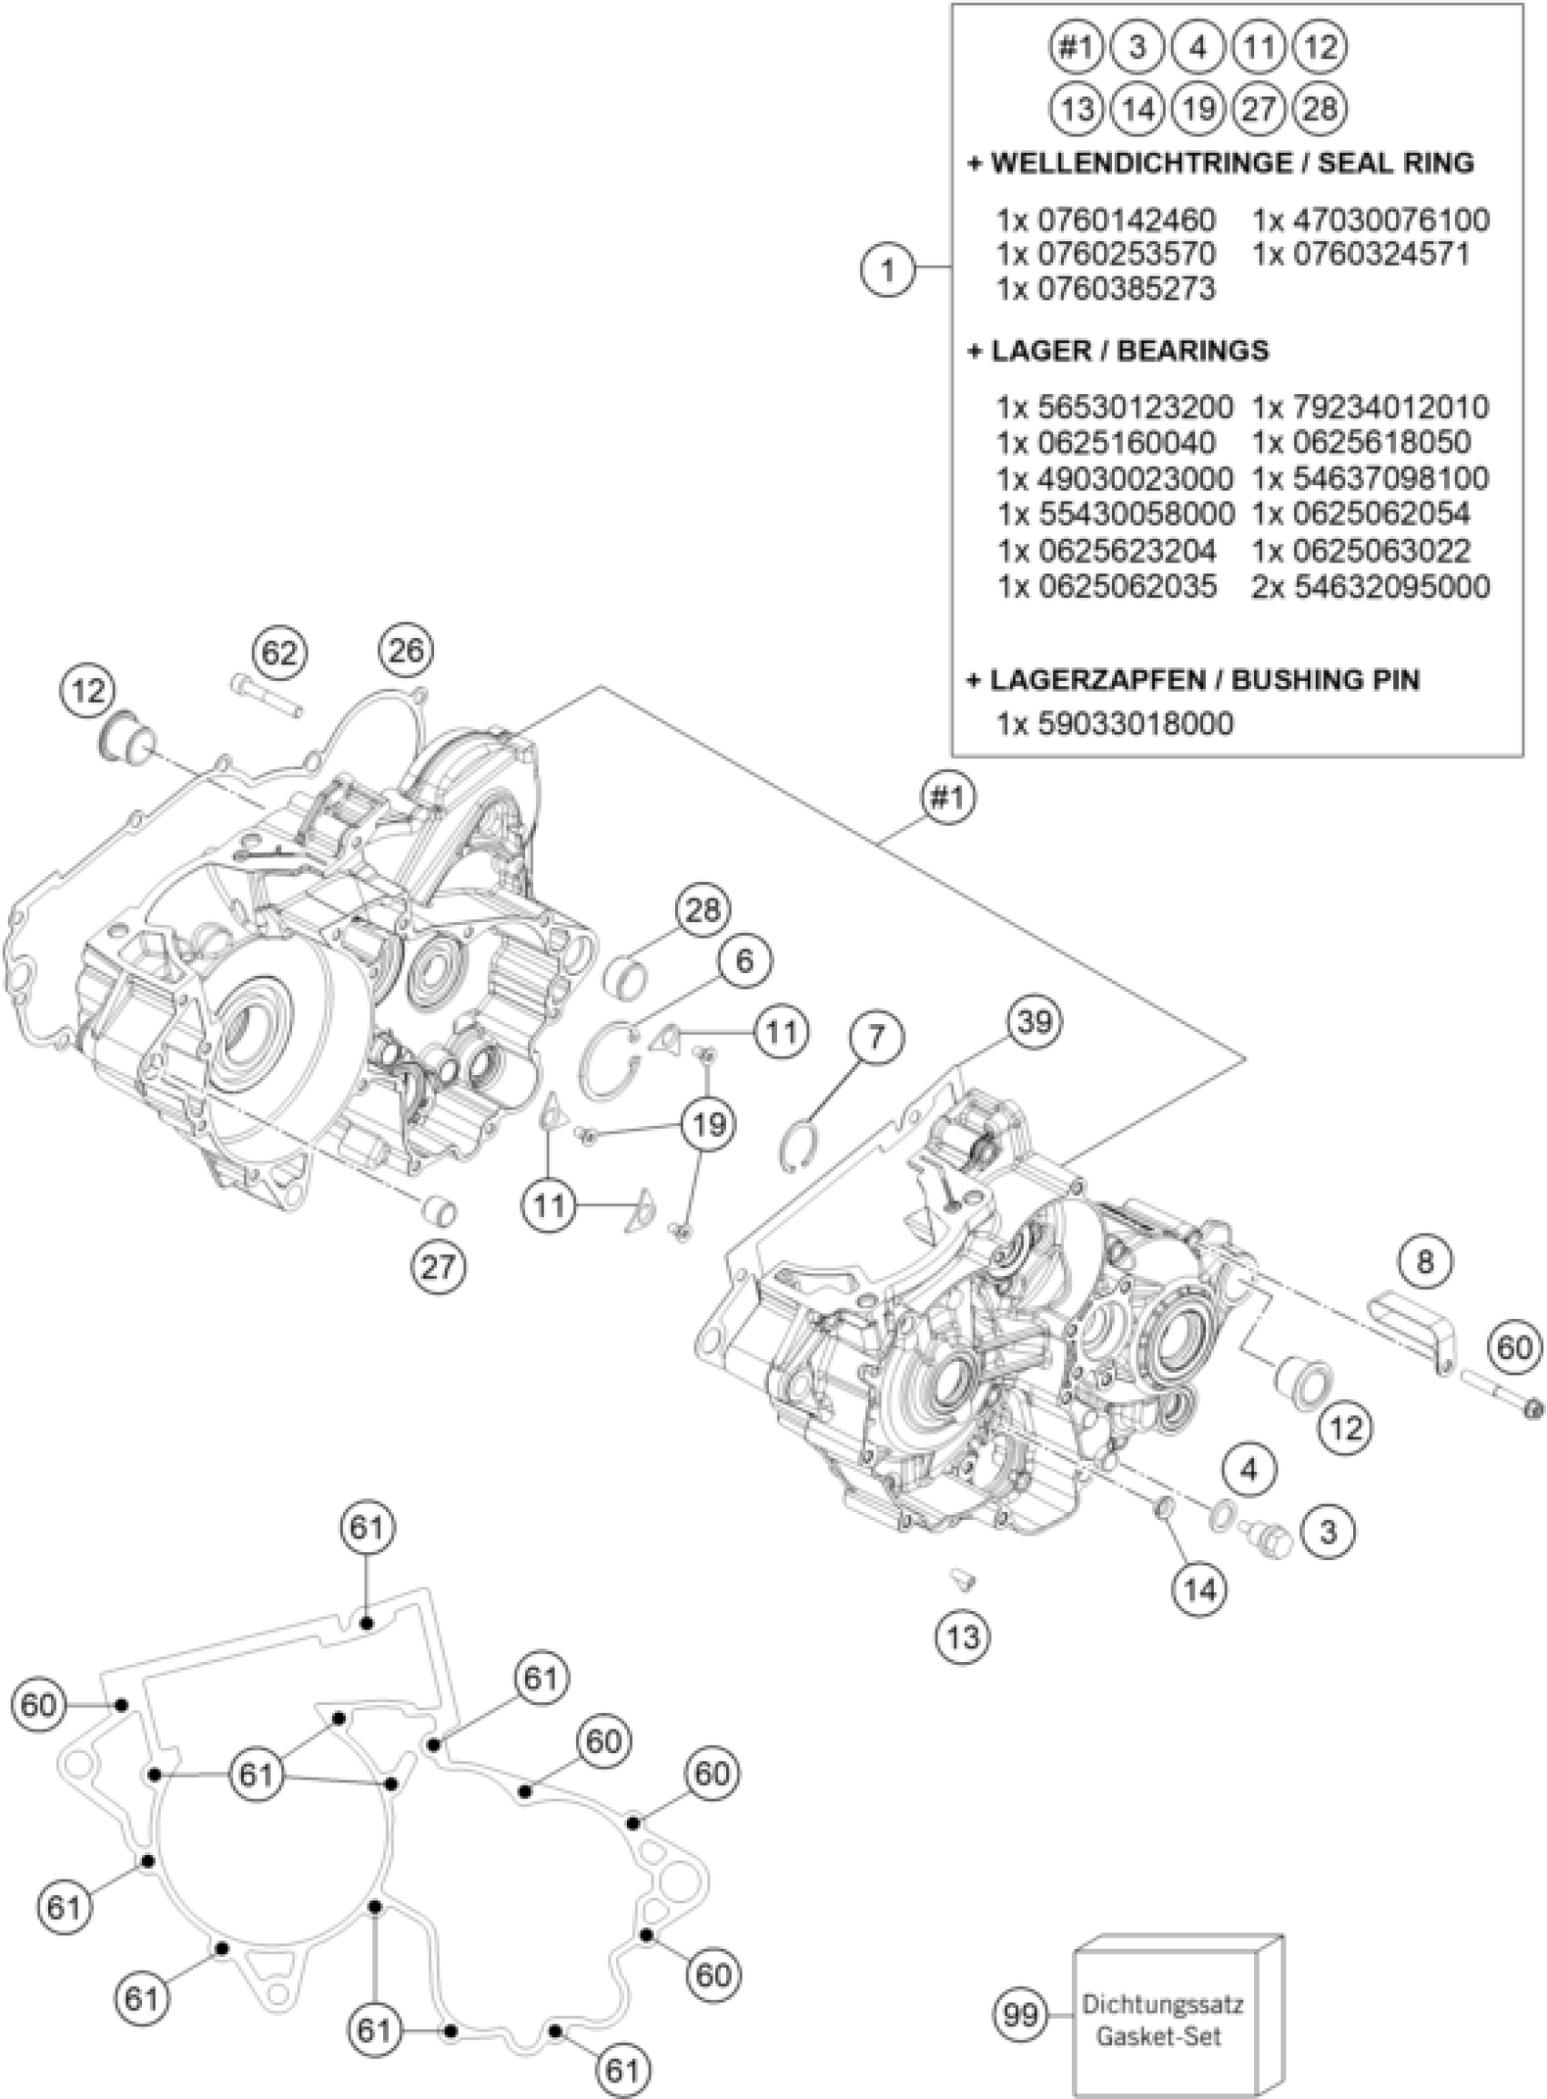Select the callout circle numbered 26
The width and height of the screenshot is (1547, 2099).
(x=407, y=649)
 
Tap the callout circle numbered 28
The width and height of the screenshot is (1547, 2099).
(x=703, y=909)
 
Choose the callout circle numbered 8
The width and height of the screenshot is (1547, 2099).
(x=1425, y=1262)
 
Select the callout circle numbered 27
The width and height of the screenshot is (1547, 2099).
(x=438, y=1266)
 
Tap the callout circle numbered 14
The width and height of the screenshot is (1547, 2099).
(x=1199, y=1588)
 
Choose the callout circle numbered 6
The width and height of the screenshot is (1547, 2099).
(x=743, y=960)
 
